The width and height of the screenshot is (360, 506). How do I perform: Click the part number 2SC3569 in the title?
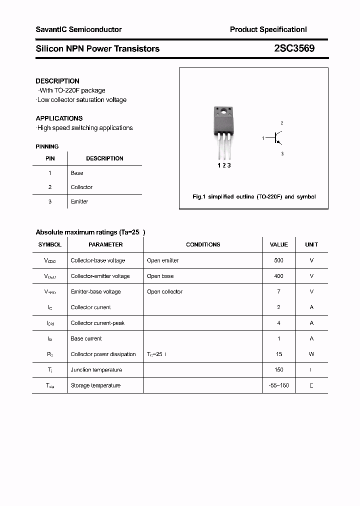point(294,48)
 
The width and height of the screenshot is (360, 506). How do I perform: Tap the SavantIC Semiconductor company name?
point(78,29)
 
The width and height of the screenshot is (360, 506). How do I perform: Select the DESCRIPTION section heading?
point(57,81)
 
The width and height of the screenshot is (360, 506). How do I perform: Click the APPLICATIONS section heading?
point(59,118)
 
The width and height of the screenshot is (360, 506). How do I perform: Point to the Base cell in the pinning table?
point(77,173)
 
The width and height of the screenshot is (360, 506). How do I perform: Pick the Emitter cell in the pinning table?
point(79,201)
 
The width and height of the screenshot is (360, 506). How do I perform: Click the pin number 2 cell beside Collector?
point(50,187)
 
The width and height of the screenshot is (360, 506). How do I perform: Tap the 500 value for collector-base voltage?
point(278,260)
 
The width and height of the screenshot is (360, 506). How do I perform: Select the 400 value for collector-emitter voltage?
point(278,276)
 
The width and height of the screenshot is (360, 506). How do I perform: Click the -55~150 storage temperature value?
point(278,385)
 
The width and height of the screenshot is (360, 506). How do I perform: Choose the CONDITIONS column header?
point(203,244)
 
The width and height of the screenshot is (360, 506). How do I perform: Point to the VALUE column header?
point(278,244)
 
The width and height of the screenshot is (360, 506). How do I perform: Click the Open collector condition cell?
point(164,291)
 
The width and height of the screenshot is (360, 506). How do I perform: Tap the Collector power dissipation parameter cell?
point(103,354)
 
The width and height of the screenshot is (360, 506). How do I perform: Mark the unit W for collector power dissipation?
point(311,354)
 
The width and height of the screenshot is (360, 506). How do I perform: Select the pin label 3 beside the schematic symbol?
point(282,154)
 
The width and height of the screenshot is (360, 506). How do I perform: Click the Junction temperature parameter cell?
point(96,370)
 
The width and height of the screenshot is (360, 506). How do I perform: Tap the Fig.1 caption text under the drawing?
point(254,197)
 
